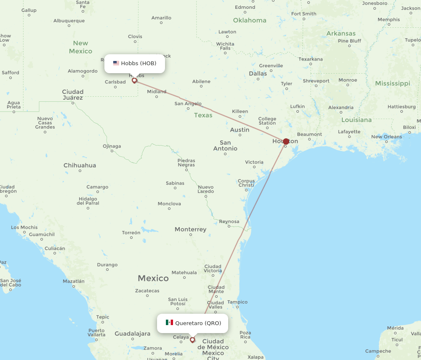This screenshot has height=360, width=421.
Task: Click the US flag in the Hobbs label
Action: (x=116, y=64)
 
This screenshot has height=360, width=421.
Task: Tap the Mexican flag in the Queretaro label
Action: (x=169, y=323)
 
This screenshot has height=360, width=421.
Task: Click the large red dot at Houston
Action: (x=286, y=141)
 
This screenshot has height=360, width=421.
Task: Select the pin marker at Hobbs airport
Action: (x=134, y=80)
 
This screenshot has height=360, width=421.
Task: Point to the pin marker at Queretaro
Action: (x=192, y=339)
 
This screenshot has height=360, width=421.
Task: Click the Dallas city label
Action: (x=258, y=73)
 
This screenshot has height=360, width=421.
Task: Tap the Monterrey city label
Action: (x=191, y=230)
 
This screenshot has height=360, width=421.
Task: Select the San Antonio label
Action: (x=225, y=146)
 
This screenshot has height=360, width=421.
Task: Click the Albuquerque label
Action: (x=69, y=21)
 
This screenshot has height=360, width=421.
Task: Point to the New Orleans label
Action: (x=386, y=137)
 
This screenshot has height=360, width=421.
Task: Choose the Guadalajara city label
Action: (x=133, y=334)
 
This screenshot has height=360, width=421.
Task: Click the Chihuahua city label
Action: (x=80, y=165)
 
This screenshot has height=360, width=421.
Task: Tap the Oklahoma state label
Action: (x=250, y=20)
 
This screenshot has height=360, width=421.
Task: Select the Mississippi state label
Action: (x=392, y=83)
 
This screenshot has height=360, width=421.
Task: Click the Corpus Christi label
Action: (x=246, y=183)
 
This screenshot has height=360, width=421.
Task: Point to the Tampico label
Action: (x=237, y=302)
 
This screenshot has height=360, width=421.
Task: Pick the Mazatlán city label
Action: (x=74, y=281)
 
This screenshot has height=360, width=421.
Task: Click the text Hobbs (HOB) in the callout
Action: (x=139, y=64)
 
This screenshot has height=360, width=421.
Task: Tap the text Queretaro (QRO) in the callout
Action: (x=198, y=323)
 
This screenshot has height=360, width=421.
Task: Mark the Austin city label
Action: (x=240, y=130)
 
